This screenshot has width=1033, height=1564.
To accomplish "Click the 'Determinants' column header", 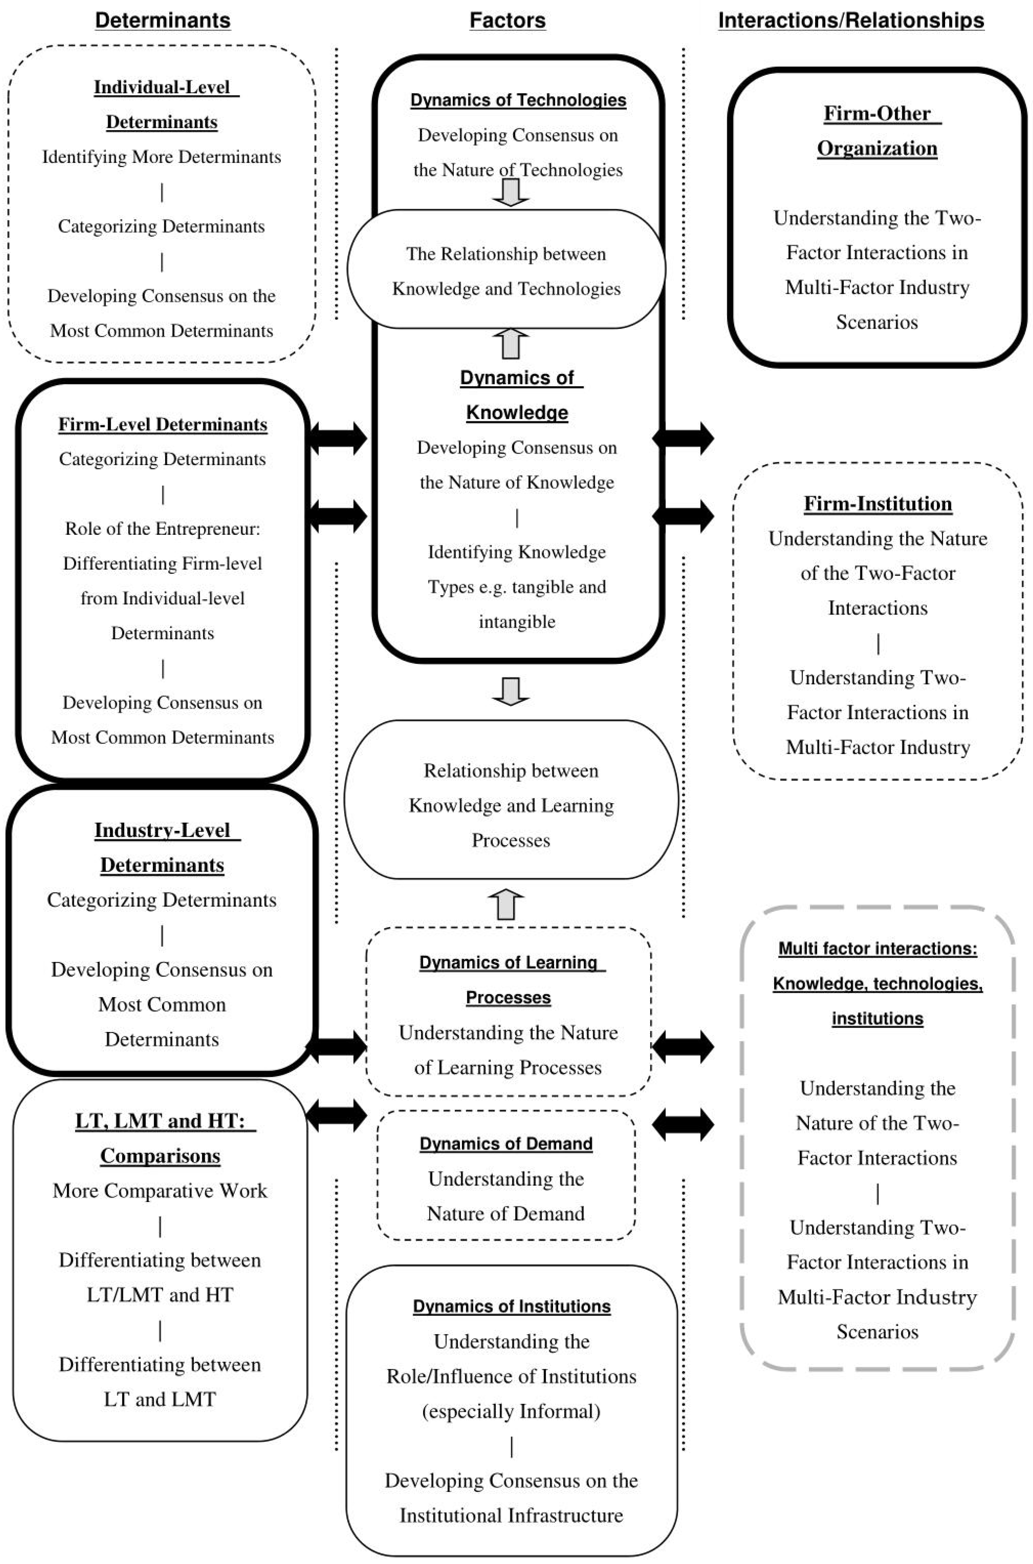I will click(x=163, y=20).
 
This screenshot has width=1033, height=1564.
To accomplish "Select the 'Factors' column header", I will click(x=507, y=20).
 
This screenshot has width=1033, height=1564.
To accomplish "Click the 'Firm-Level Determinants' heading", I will click(x=163, y=424).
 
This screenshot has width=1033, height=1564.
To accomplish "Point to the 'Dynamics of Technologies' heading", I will click(x=518, y=100).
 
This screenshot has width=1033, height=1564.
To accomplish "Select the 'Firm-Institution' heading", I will click(x=877, y=503).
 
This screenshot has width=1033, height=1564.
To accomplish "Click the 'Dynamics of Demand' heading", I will click(x=506, y=1143).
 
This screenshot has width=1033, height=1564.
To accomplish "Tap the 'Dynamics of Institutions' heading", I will click(x=511, y=1306).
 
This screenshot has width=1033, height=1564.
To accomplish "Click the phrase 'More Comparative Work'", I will click(x=160, y=1191).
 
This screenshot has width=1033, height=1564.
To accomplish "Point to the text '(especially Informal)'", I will click(x=511, y=1411).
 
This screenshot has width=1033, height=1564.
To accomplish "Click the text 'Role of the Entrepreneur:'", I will click(x=163, y=529).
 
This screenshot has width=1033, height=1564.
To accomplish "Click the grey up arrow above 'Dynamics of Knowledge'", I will click(x=511, y=344).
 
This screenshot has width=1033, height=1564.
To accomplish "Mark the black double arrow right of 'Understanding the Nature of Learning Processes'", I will click(x=683, y=1046).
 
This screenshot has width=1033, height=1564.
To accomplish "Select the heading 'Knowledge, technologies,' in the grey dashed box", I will click(x=877, y=983).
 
